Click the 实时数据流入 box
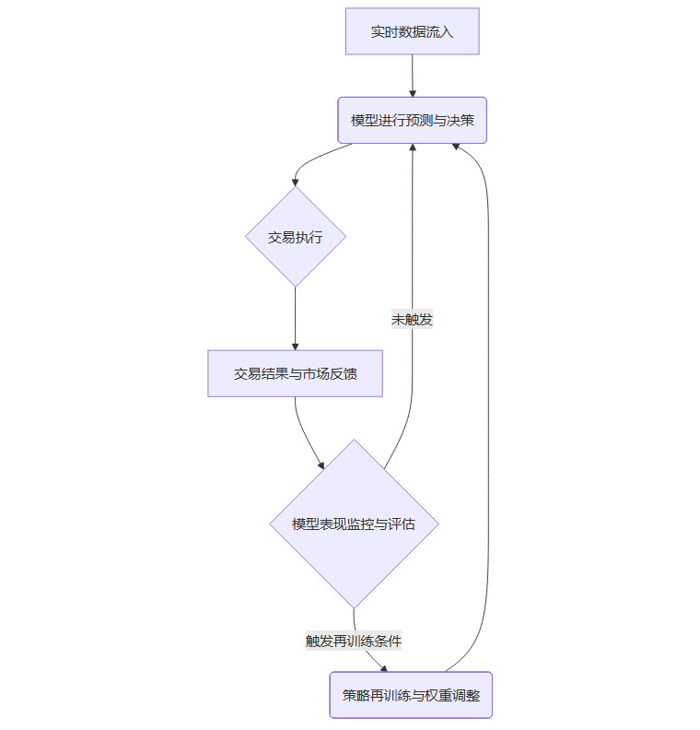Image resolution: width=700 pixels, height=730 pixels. (x=412, y=31)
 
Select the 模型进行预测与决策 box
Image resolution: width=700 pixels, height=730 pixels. (x=412, y=120)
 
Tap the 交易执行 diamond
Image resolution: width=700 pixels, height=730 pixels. (x=295, y=237)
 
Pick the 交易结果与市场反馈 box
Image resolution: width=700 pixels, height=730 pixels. (x=295, y=373)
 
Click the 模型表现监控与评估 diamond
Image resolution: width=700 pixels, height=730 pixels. (x=353, y=524)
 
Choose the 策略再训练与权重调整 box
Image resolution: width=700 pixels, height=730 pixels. (x=411, y=695)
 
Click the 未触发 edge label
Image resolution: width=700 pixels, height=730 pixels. (x=412, y=319)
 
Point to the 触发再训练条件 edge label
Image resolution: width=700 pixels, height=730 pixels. (x=354, y=640)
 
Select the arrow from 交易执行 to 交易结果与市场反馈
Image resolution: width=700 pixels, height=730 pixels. (x=295, y=318)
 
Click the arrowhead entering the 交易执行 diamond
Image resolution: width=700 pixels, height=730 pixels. (x=295, y=182)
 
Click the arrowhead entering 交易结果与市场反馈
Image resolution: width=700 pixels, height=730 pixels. (x=295, y=346)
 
